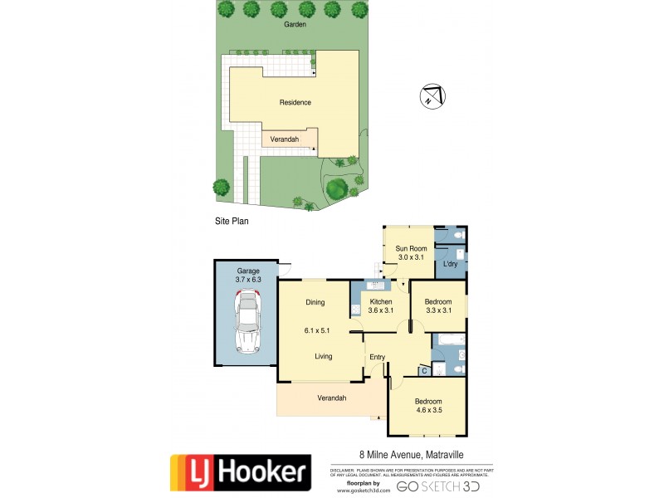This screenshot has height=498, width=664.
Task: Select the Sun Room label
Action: coord(411,248)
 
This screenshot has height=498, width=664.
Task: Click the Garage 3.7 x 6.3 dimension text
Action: coord(248,281)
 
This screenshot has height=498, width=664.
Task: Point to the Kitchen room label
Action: coord(381,301)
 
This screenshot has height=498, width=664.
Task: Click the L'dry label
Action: coord(451,264)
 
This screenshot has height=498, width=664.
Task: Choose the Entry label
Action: coord(378,357)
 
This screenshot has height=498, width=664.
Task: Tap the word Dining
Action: coord(315,302)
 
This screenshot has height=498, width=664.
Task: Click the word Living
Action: coord(323,357)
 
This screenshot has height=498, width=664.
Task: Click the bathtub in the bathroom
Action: coord(450,340)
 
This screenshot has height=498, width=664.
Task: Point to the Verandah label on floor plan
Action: coord(331,398)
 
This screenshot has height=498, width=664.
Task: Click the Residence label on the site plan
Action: coord(295,103)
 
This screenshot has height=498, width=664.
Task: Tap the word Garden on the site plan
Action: coord(295,25)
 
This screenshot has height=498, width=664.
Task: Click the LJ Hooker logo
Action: coord(241,471)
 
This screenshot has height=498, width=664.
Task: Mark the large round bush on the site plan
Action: coord(336,188)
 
